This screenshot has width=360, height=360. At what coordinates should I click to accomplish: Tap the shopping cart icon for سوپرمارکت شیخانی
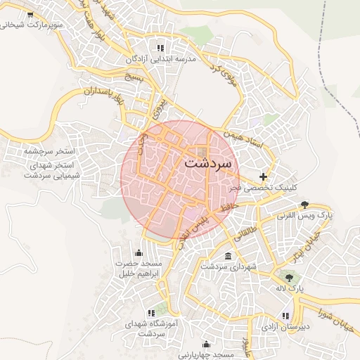[x=30, y=14]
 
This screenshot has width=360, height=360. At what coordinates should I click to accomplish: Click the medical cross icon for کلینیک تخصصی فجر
[x=263, y=176]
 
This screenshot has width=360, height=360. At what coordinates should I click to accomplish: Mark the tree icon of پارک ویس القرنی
[x=304, y=205]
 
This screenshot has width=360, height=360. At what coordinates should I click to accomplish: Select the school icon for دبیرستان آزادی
[x=285, y=316]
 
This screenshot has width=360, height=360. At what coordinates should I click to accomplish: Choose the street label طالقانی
[x=250, y=230]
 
